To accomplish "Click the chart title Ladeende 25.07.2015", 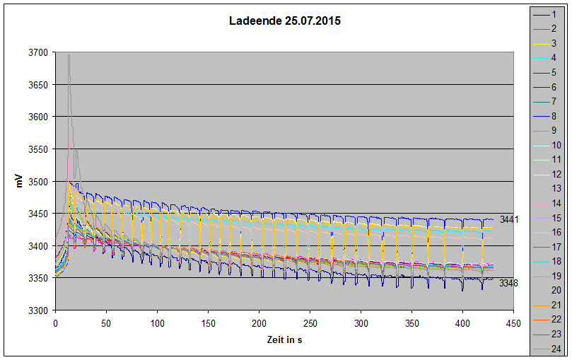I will tap(285, 21).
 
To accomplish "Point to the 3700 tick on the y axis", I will tap(38, 53).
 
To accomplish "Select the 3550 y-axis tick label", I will tap(38, 149).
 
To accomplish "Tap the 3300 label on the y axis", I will tap(38, 310).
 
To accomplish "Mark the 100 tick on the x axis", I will tap(157, 323).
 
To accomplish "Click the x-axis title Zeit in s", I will tap(284, 341).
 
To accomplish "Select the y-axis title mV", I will tap(21, 182).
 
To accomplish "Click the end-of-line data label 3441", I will tap(509, 220).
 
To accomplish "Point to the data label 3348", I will tap(509, 284).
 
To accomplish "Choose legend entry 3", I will tap(554, 43).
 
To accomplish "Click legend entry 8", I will tap(554, 116).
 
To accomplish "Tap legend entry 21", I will tap(554, 305).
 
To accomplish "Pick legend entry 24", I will tap(554, 349).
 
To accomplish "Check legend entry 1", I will tap(554, 14).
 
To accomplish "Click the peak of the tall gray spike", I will tap(69, 55).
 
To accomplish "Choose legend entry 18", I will tap(554, 261).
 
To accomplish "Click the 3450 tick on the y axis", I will tap(38, 214).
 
